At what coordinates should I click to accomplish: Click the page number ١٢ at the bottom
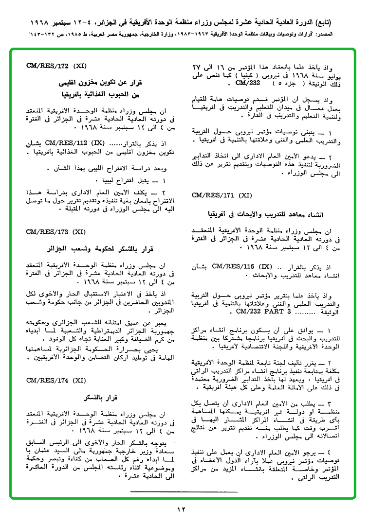coord(181,509)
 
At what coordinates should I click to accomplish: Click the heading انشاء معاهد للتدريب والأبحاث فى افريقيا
coord(262,214)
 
